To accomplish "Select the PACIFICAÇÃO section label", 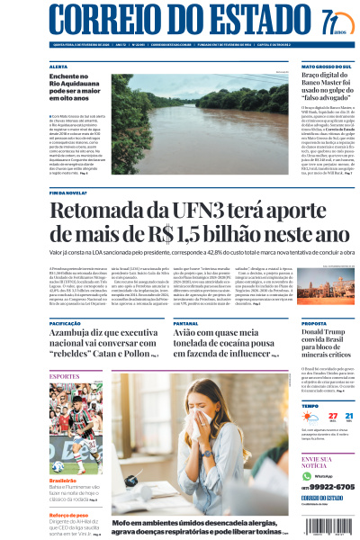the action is pos(66,322).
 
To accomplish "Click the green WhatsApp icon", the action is pos(306,475).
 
